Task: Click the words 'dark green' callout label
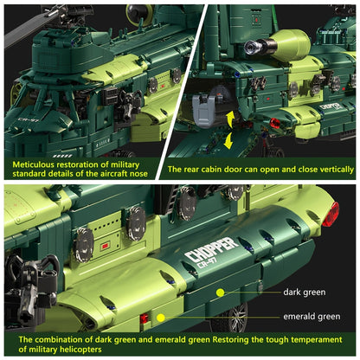[305, 292]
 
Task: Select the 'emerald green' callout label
[312, 317]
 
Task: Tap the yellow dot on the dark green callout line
[221, 292]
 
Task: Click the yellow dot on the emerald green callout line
[161, 318]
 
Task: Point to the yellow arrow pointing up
[230, 119]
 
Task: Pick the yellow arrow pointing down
[228, 140]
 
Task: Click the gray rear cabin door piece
[203, 111]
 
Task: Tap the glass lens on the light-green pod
[250, 48]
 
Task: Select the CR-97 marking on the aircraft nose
[28, 119]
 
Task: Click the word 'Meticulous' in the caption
[33, 164]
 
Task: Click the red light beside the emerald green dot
[144, 318]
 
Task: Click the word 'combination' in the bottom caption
[63, 340]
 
